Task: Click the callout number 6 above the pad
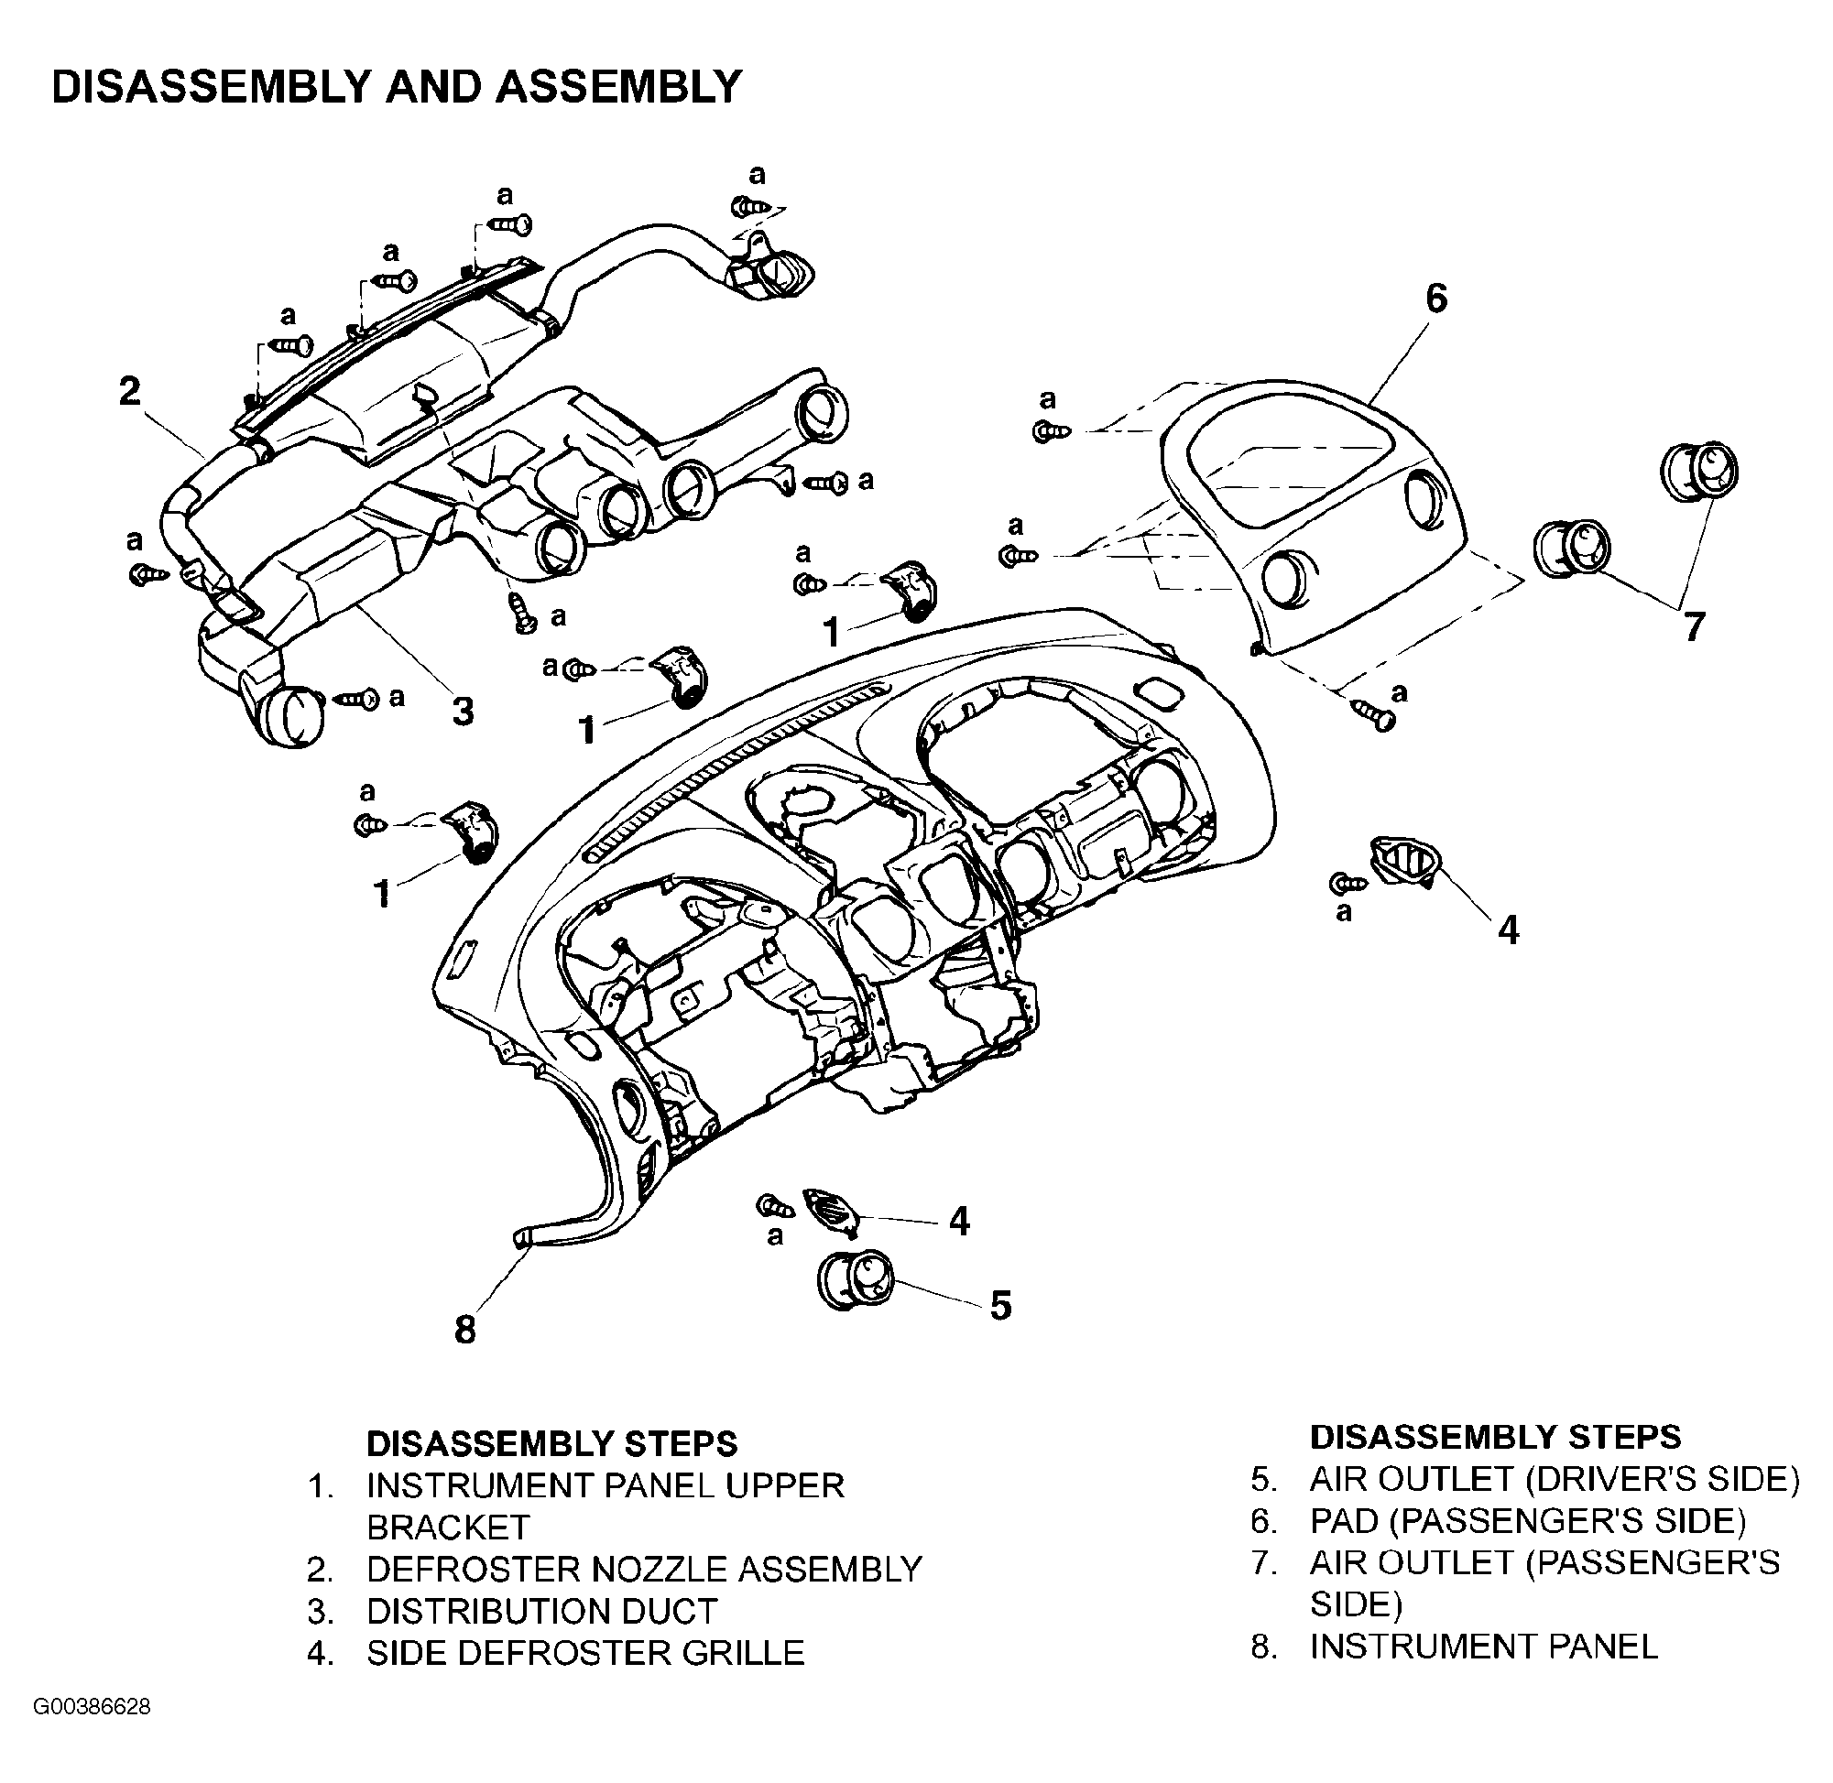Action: click(1435, 299)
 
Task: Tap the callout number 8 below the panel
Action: click(465, 1330)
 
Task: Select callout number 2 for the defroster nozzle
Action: click(130, 390)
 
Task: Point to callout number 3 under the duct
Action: click(463, 712)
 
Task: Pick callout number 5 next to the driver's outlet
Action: click(1000, 1305)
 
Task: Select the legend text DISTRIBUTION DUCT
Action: click(541, 1611)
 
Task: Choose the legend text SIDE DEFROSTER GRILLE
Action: click(585, 1653)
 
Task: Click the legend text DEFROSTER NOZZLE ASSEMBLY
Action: click(644, 1569)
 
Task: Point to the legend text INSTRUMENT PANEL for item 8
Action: click(1484, 1646)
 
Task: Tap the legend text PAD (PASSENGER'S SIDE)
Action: click(1528, 1521)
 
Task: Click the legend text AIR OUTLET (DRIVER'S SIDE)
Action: click(1555, 1479)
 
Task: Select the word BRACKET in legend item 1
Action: click(448, 1528)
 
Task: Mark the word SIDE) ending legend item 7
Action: click(1357, 1604)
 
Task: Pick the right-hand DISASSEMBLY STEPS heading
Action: click(1495, 1437)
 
